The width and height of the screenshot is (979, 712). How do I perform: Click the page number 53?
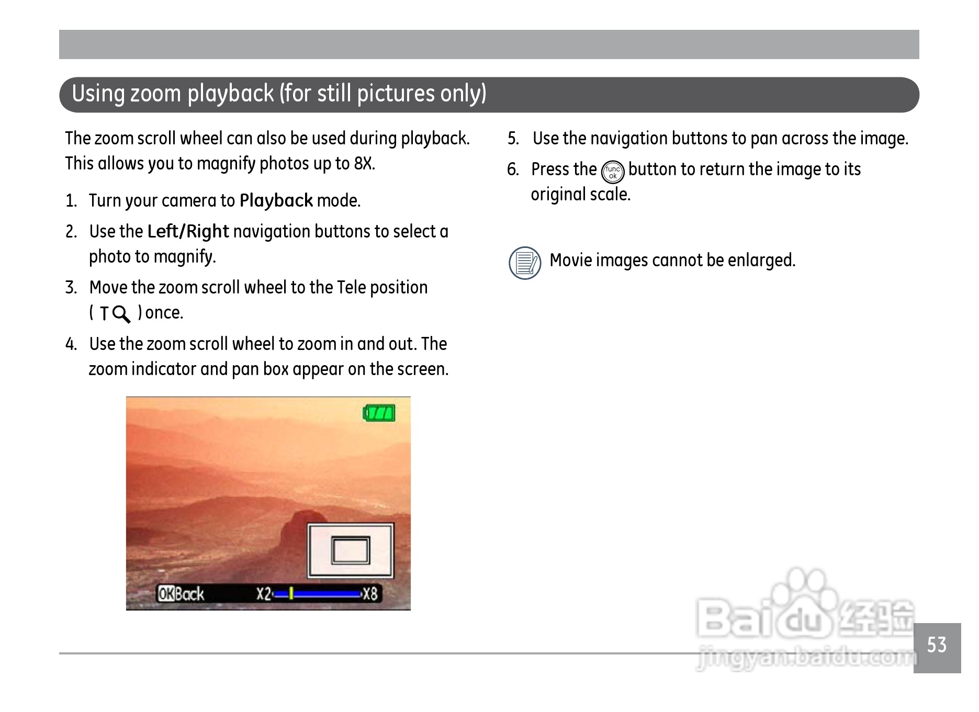(937, 645)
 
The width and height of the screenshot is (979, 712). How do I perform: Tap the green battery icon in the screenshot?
(379, 413)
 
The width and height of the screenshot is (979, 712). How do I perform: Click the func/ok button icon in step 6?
(613, 173)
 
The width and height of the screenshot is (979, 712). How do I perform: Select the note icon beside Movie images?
(525, 263)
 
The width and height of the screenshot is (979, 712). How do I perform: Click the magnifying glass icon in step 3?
(121, 314)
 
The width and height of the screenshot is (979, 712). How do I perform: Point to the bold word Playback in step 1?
(276, 200)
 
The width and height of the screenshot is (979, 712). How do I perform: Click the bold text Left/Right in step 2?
(188, 231)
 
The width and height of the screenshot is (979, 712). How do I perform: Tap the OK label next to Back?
(166, 594)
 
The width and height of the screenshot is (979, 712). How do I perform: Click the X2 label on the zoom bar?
(264, 594)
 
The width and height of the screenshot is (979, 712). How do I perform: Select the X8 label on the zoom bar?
(370, 594)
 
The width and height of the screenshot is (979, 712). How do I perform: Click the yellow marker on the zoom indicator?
(291, 594)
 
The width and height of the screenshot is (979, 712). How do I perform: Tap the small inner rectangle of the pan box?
(351, 550)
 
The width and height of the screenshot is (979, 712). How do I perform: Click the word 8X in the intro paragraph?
(365, 164)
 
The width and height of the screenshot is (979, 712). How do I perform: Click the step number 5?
(513, 139)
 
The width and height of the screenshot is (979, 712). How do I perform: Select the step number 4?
(71, 344)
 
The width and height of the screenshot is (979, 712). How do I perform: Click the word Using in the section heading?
(98, 94)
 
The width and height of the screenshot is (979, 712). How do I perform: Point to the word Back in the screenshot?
(189, 594)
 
